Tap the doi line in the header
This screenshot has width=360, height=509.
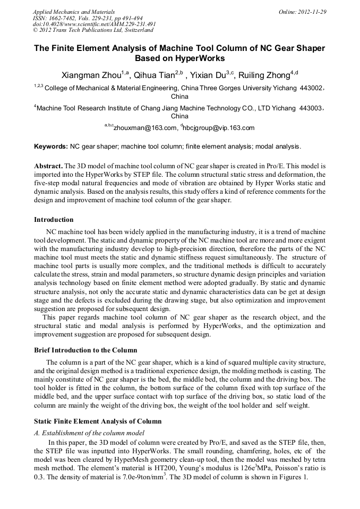click(94, 24)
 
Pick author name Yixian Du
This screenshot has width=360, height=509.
click(210, 75)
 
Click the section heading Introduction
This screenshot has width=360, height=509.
click(54, 219)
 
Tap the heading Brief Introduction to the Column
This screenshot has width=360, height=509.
click(85, 350)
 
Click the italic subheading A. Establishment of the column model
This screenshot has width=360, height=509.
click(89, 433)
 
